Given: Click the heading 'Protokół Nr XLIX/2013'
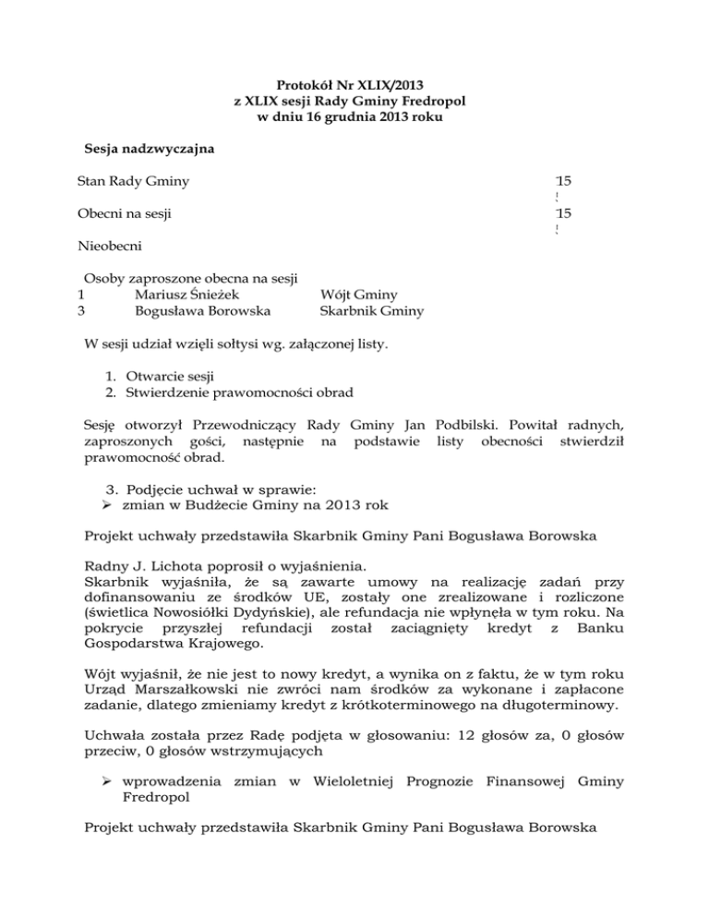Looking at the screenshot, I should click(354, 84).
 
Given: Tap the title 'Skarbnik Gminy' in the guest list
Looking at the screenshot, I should click(366, 311).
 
